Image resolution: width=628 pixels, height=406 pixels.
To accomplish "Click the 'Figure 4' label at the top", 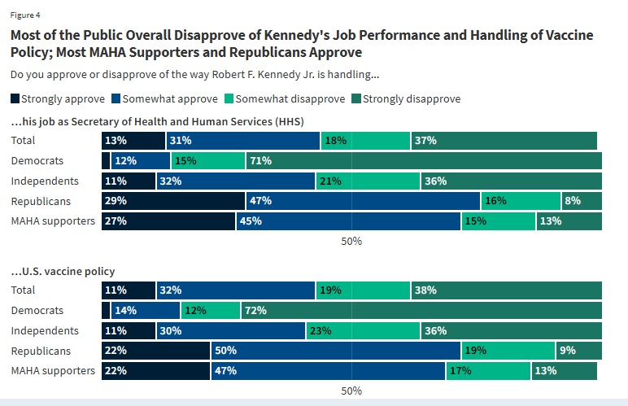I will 25,15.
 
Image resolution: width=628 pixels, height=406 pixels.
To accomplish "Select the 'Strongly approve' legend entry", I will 58,98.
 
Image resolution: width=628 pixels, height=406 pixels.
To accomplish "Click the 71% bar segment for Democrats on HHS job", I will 423,160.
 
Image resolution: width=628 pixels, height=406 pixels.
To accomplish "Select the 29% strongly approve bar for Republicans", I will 173,200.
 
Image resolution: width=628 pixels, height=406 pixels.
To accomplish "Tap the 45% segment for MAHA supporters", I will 348,220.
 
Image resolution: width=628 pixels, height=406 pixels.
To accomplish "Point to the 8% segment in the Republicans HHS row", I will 582,200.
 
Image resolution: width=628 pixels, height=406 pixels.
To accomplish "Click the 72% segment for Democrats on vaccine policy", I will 421,310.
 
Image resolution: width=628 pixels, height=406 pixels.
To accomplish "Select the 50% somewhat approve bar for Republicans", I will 335,351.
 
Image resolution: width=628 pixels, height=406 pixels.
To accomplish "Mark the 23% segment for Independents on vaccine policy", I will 363,330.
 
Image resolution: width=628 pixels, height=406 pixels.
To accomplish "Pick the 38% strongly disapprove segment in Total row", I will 506,290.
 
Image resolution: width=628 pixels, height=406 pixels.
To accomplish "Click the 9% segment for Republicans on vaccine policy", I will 579,351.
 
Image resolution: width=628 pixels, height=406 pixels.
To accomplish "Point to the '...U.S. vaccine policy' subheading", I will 63,271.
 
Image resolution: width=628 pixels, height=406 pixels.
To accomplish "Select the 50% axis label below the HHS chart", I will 351,242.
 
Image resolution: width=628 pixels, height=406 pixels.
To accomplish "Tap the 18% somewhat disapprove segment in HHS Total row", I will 365,140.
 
